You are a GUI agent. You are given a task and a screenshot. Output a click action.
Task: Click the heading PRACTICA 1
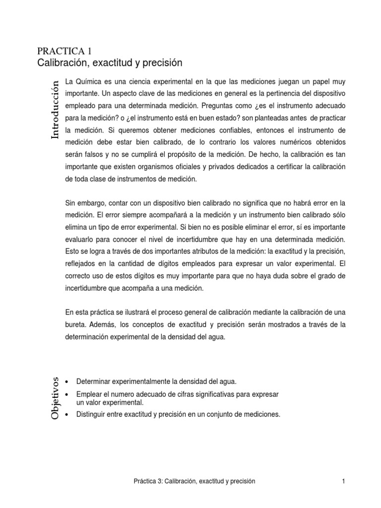click(x=64, y=51)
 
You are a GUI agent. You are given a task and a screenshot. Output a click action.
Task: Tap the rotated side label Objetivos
click(x=57, y=398)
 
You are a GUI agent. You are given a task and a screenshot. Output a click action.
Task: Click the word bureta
click(x=75, y=324)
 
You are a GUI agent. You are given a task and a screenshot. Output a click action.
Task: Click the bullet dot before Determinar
click(x=67, y=381)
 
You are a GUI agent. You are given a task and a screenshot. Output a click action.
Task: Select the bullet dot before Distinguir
click(x=67, y=415)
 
